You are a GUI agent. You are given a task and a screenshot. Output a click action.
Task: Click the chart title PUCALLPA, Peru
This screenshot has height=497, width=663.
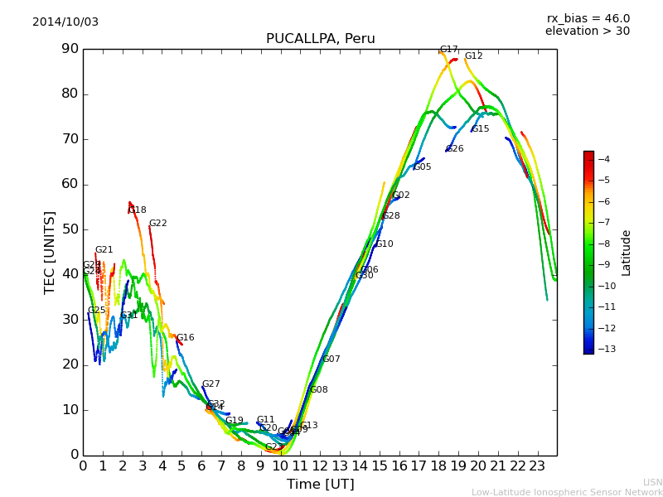coord(320,39)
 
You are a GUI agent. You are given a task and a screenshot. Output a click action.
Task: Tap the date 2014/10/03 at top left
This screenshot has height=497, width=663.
coord(65,22)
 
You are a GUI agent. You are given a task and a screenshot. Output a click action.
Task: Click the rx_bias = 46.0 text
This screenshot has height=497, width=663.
coord(588,19)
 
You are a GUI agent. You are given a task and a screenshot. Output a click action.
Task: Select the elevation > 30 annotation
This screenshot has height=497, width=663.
coord(587,31)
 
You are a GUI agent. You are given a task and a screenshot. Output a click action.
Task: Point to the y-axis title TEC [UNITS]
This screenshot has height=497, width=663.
coord(50,252)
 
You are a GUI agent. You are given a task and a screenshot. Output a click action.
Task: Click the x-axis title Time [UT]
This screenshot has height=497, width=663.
coord(320,485)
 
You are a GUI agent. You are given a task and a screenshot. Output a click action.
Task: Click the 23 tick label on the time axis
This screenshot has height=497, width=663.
coord(537,466)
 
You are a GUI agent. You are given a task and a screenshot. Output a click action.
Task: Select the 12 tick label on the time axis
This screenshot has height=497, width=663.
coord(320,466)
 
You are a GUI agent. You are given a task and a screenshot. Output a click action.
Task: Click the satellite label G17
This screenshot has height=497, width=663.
coord(448,50)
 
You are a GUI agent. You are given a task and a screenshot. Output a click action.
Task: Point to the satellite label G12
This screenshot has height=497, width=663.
coord(473,56)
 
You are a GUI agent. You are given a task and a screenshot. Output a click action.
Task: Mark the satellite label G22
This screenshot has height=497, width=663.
coord(157,224)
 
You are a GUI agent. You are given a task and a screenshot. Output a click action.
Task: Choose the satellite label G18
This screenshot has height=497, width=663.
coord(137,210)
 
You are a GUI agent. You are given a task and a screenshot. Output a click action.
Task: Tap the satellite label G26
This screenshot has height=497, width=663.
coord(454,149)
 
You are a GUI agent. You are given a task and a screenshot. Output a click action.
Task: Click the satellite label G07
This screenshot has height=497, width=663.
coord(331,359)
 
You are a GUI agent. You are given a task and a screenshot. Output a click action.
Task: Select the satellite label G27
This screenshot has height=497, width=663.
coord(211,384)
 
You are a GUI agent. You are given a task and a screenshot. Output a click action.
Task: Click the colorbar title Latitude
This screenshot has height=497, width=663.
coord(627,253)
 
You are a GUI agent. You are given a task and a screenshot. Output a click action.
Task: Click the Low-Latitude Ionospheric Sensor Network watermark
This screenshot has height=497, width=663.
coord(567,493)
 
